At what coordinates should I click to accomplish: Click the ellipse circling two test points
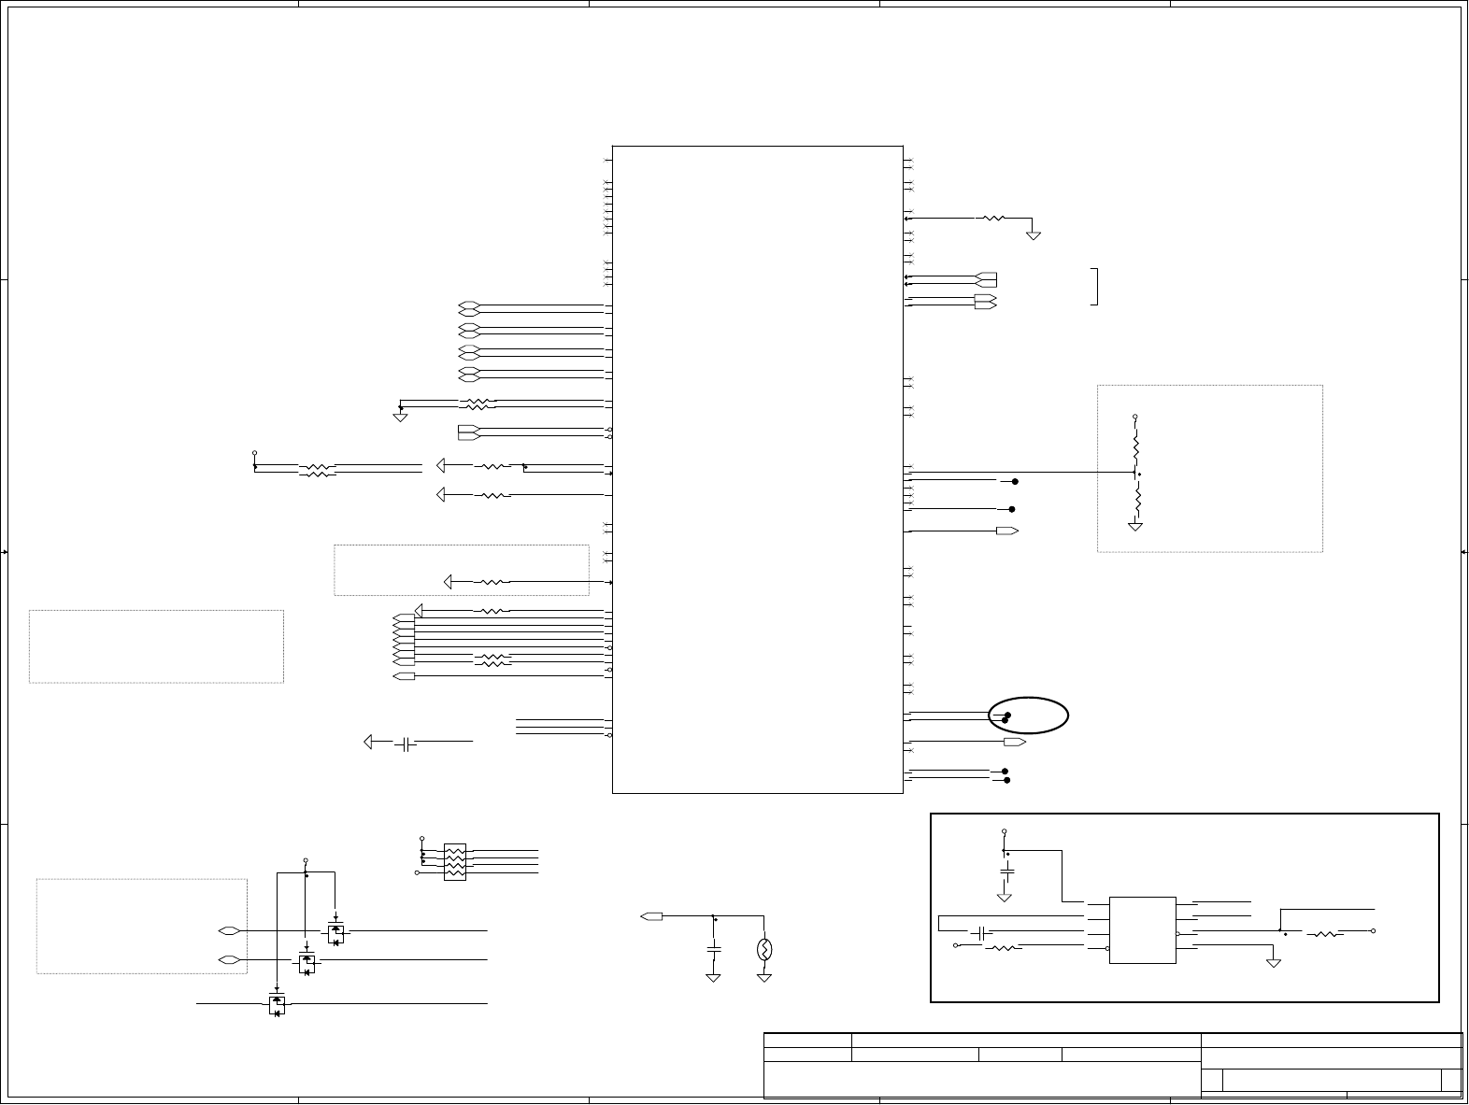pyautogui.click(x=1029, y=715)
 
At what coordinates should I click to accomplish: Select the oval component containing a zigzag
pyautogui.click(x=764, y=950)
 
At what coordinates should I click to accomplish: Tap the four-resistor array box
pyautogui.click(x=455, y=862)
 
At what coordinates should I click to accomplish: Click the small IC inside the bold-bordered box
pyautogui.click(x=1142, y=929)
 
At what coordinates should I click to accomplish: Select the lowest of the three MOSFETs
pyautogui.click(x=277, y=1005)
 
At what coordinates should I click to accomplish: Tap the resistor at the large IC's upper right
pyautogui.click(x=992, y=219)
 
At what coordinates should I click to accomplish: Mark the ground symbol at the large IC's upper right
pyautogui.click(x=1034, y=234)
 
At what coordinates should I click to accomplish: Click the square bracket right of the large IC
pyautogui.click(x=1094, y=286)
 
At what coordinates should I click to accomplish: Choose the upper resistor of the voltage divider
pyautogui.click(x=1136, y=446)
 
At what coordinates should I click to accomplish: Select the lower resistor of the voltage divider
pyautogui.click(x=1136, y=502)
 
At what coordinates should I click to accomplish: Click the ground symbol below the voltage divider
pyautogui.click(x=1136, y=527)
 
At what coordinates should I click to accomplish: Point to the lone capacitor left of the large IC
pyautogui.click(x=405, y=744)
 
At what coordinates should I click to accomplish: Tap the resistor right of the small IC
pyautogui.click(x=1327, y=933)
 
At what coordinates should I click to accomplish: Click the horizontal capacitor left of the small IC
pyautogui.click(x=979, y=932)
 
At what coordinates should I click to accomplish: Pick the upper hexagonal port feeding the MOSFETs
pyautogui.click(x=228, y=931)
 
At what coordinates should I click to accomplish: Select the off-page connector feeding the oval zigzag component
pyautogui.click(x=652, y=916)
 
